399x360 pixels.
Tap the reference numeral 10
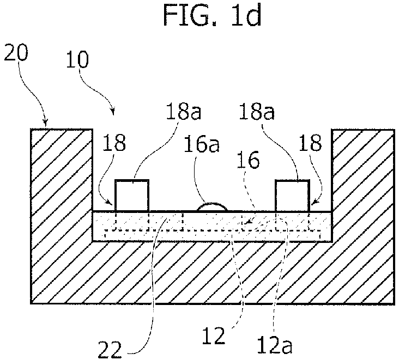click(77, 60)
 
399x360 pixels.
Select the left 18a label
click(184, 112)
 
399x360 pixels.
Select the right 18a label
click(257, 112)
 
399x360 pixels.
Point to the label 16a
click(202, 144)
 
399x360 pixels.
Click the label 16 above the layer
click(248, 160)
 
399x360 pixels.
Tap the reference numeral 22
click(110, 350)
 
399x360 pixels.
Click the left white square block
click(132, 196)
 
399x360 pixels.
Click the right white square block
click(292, 196)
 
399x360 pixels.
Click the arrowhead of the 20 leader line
click(45, 123)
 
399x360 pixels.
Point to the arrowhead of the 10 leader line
click(113, 111)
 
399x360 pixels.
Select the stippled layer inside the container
click(212, 226)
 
